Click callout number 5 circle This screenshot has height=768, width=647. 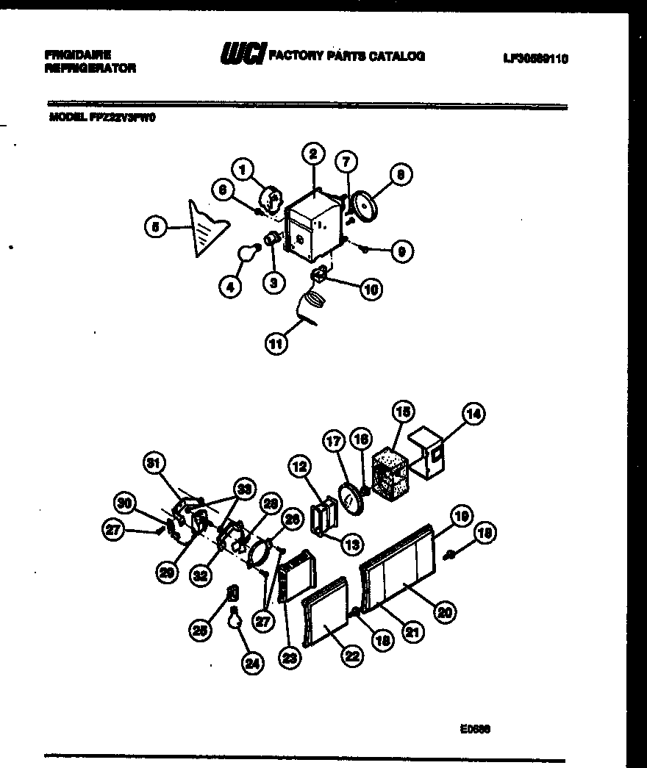pos(155,228)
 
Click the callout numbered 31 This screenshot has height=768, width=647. pos(154,464)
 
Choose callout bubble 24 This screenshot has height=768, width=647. pos(252,664)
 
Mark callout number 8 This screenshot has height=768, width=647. pos(401,175)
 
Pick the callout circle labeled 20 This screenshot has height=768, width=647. pos(443,611)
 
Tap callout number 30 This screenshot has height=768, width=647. pos(125,503)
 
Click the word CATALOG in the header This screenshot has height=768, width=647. pos(397,55)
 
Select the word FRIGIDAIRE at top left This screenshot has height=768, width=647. pos(77,55)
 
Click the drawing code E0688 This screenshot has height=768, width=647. pos(476,730)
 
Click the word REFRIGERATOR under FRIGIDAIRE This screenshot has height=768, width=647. pos(90,68)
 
